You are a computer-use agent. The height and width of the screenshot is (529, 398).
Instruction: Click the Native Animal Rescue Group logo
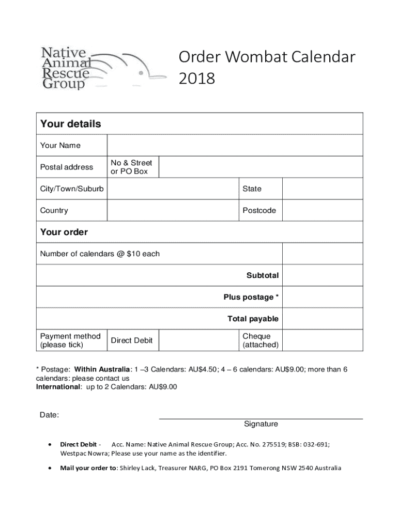(x=103, y=68)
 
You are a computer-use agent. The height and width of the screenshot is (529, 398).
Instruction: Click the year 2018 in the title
(x=197, y=79)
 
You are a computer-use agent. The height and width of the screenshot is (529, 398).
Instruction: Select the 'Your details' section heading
(x=70, y=124)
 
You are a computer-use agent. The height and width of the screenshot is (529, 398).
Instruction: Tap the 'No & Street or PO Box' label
(x=131, y=167)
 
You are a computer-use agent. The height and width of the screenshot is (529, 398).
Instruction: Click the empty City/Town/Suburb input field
(x=173, y=189)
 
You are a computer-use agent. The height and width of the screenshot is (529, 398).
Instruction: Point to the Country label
(x=54, y=210)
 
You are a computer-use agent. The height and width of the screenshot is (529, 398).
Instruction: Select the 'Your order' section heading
(x=64, y=232)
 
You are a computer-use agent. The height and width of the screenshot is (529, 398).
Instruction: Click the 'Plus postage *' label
(x=251, y=297)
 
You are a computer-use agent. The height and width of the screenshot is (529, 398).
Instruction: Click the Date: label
(x=50, y=415)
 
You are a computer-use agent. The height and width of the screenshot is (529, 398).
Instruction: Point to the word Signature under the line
(x=261, y=424)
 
